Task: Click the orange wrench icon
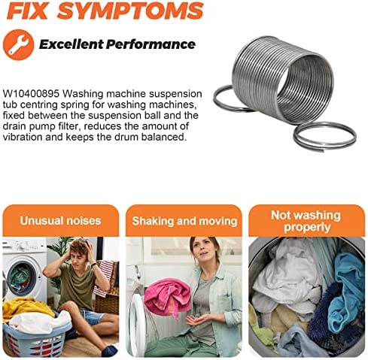pos(18,44)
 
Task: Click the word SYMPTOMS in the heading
pos(130,11)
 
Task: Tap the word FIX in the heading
pos(27,11)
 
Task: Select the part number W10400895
pos(31,94)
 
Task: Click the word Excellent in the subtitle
pos(71,44)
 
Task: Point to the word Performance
pos(151,44)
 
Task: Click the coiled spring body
pos(283,80)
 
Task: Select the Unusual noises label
pos(60,221)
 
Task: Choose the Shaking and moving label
pos(184,221)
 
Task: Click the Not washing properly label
pos(306,221)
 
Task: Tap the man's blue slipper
pos(109,350)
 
